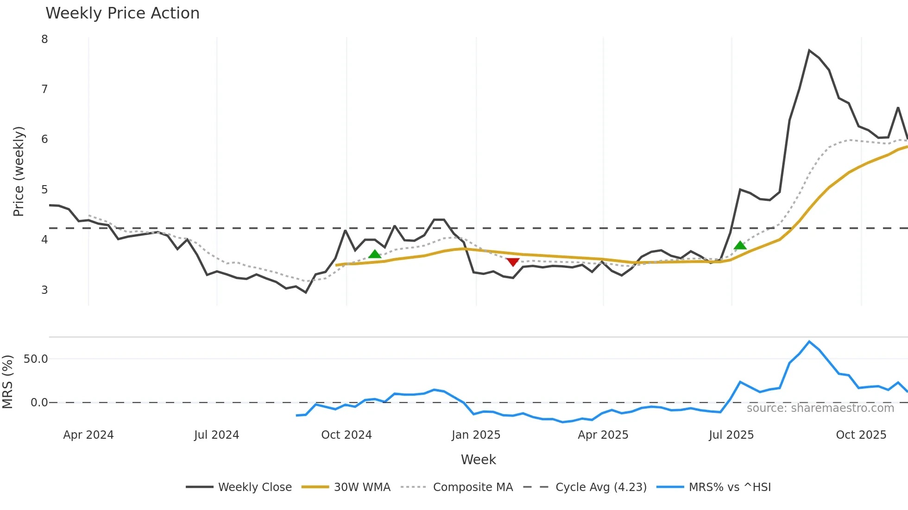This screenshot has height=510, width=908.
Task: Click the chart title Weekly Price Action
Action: coord(122,13)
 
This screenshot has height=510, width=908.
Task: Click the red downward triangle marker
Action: coord(512,262)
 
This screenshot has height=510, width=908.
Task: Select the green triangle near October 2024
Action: coord(375,254)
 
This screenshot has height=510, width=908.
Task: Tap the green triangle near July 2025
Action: coord(740,245)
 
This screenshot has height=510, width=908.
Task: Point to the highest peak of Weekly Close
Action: coord(809,50)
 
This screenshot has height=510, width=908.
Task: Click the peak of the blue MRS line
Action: coord(809,342)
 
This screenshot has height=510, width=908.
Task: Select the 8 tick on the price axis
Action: coord(44,39)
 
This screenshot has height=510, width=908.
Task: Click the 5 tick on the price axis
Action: coord(44,190)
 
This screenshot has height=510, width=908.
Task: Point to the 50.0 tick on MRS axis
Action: coord(36,359)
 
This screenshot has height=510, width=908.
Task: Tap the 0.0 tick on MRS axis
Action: coord(39,403)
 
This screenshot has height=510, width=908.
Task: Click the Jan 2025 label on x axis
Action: coord(476,435)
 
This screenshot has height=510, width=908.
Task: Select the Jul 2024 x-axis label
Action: coord(216,435)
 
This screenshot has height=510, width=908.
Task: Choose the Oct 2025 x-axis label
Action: coord(861,435)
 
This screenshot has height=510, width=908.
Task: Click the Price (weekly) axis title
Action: coord(19,171)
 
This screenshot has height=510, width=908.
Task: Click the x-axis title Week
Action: coord(478,460)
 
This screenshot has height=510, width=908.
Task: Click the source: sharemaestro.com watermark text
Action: coord(820,408)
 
